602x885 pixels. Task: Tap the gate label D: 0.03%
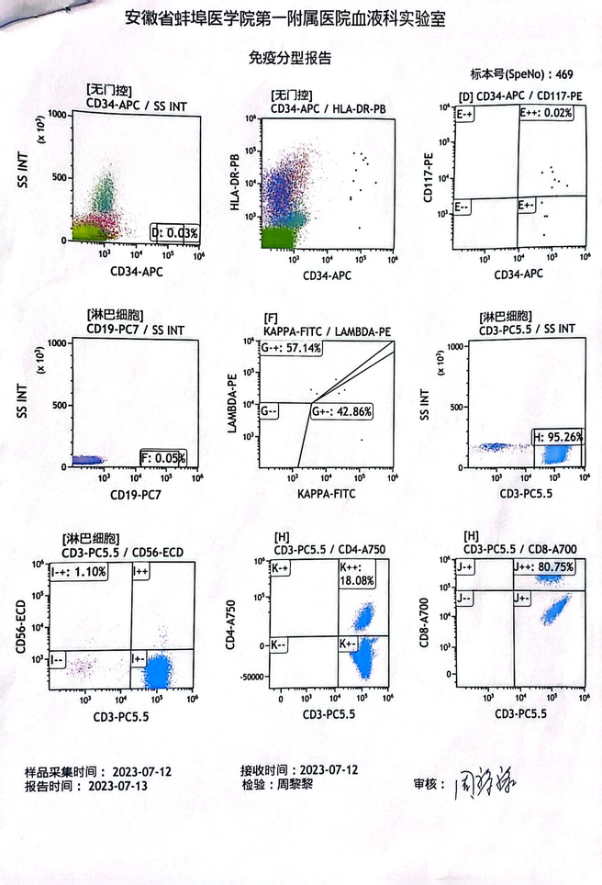(x=175, y=233)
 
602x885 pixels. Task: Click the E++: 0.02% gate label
(x=548, y=113)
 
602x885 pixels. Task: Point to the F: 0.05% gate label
(x=163, y=457)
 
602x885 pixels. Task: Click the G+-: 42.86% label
(x=340, y=412)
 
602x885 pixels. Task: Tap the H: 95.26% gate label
(x=559, y=437)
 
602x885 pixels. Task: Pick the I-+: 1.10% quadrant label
(x=80, y=572)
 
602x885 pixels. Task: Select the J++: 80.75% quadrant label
(x=546, y=567)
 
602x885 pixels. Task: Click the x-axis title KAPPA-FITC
(x=327, y=494)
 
